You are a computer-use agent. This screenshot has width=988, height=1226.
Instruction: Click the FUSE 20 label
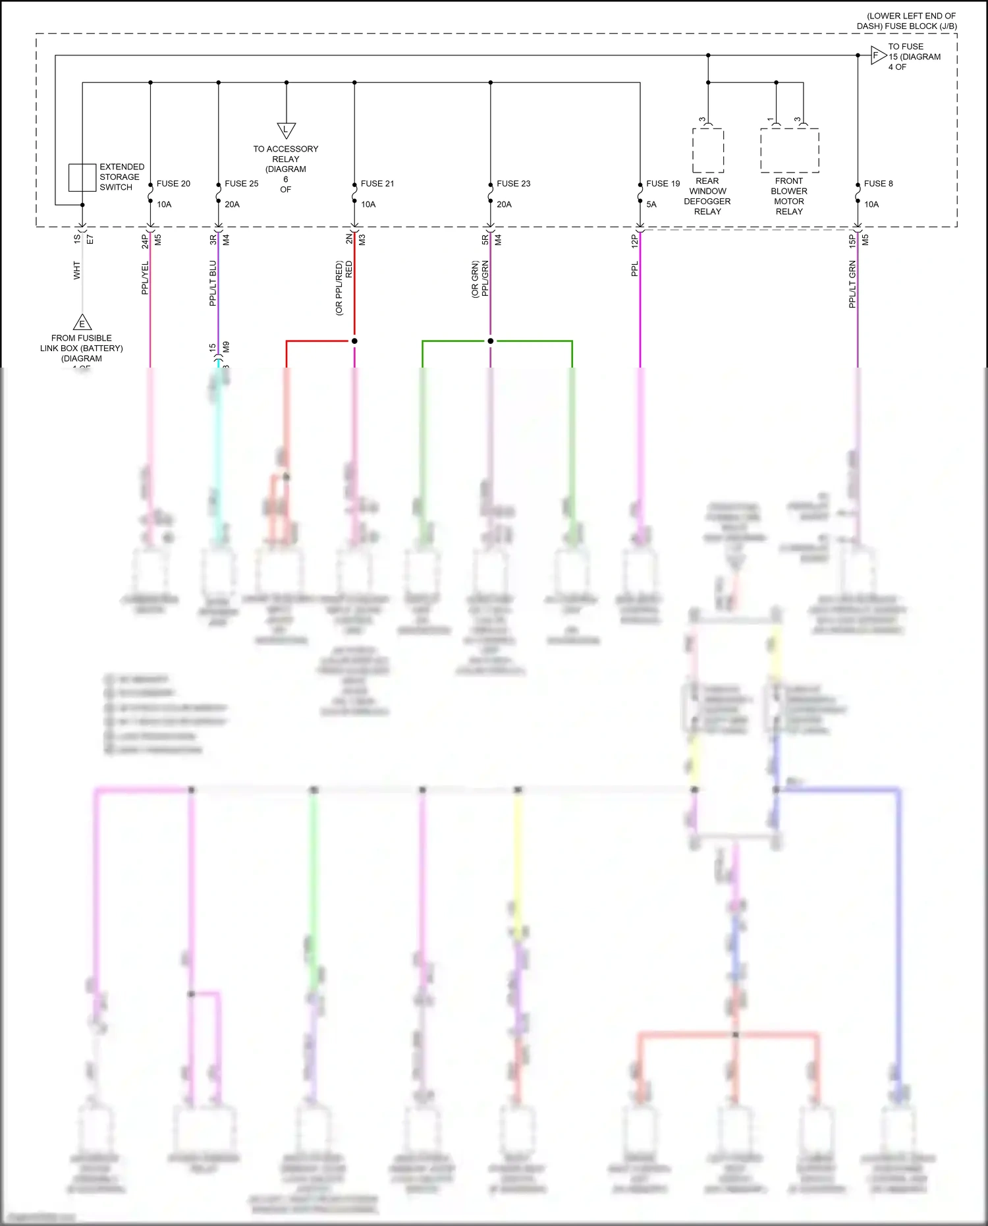click(x=173, y=184)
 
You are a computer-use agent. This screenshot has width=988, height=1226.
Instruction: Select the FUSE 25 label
click(x=241, y=184)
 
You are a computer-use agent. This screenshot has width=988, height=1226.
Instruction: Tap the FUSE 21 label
click(x=377, y=184)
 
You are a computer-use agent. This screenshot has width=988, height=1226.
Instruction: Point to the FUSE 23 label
click(x=513, y=184)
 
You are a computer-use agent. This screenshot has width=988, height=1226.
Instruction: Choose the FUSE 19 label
click(x=663, y=184)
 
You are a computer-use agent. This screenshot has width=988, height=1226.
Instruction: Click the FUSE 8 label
click(x=878, y=184)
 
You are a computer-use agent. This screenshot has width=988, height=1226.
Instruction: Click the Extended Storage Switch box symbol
click(x=82, y=178)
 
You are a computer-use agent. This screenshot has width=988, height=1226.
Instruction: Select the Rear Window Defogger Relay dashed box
click(x=708, y=150)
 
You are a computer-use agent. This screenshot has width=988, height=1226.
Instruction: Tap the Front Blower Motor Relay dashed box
click(x=790, y=150)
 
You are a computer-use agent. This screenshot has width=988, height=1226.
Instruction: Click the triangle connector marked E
click(x=82, y=323)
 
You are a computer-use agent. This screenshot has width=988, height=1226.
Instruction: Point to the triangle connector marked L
click(x=286, y=130)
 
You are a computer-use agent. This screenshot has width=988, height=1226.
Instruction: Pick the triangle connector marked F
click(x=877, y=55)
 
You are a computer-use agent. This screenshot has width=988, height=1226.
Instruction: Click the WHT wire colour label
click(x=77, y=270)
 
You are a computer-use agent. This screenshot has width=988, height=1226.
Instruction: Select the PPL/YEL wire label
click(x=145, y=277)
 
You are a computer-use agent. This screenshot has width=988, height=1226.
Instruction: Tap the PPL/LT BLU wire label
click(x=213, y=283)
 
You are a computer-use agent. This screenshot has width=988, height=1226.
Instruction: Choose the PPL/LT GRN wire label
click(x=852, y=284)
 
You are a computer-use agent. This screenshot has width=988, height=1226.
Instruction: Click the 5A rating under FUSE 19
click(x=651, y=204)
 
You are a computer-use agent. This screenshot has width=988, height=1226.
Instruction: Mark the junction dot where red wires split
click(x=354, y=341)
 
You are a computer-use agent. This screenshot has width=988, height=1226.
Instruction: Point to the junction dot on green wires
click(x=490, y=341)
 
